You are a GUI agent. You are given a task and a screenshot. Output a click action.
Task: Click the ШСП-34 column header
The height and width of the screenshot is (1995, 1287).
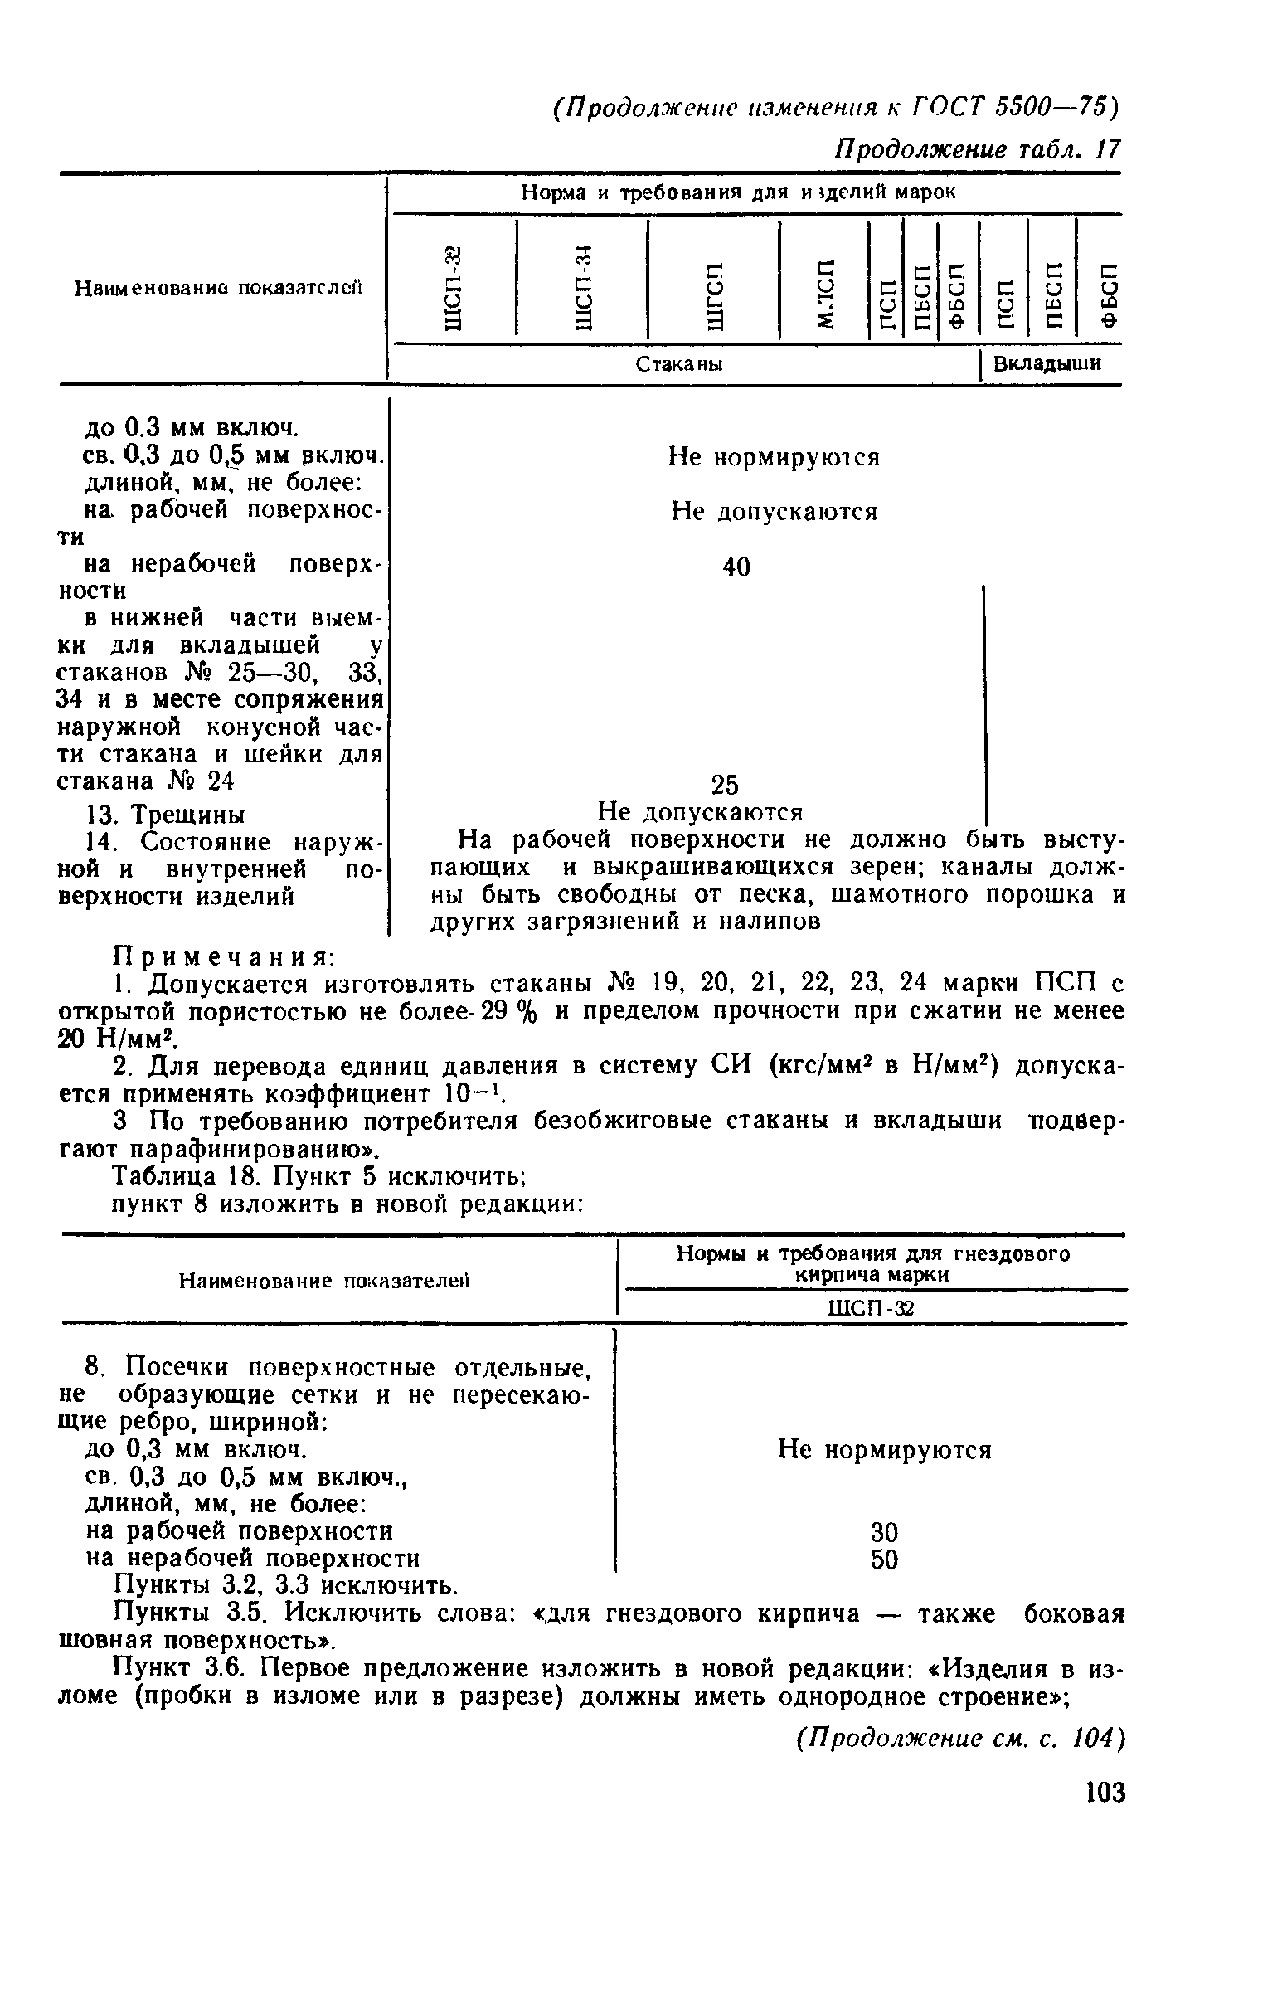tap(583, 283)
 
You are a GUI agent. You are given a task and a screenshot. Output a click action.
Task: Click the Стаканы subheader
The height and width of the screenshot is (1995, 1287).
tap(679, 364)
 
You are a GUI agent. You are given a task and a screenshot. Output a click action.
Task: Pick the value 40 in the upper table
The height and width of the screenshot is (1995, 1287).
tap(736, 567)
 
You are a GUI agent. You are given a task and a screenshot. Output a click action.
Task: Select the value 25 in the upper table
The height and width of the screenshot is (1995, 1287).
tap(725, 785)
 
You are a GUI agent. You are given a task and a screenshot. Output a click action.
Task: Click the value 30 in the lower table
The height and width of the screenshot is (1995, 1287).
tap(884, 1532)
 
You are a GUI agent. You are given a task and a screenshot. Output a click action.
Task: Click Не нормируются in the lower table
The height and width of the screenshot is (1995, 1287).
tap(884, 1449)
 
